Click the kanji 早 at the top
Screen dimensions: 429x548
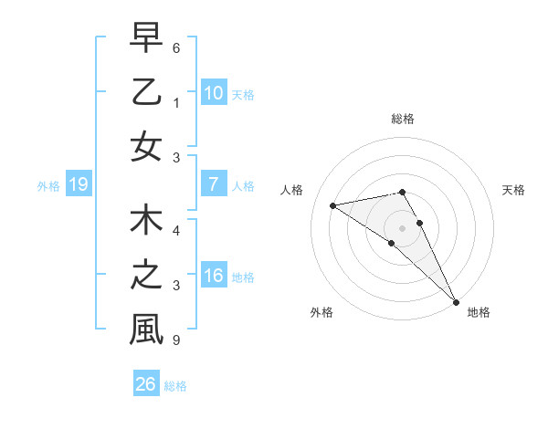pos(145,37)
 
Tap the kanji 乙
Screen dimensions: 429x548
pos(145,92)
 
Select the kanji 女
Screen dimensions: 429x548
pos(145,146)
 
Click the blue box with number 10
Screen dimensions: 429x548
pos(213,92)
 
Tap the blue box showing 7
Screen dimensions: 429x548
pos(213,184)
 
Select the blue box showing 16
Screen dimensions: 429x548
pos(213,276)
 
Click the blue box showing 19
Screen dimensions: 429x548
pos(78,184)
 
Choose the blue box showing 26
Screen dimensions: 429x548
pos(146,384)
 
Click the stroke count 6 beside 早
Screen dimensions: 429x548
pos(175,47)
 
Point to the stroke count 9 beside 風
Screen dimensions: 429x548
pos(175,340)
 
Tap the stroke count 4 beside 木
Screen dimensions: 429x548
pos(175,231)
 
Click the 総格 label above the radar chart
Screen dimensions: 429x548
pos(402,119)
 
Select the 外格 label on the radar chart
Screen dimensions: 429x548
pos(321,312)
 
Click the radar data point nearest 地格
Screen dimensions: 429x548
pos(456,301)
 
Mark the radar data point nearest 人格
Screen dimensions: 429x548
pos(332,205)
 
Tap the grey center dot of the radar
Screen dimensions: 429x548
pos(402,228)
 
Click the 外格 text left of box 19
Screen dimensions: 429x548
pos(47,185)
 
